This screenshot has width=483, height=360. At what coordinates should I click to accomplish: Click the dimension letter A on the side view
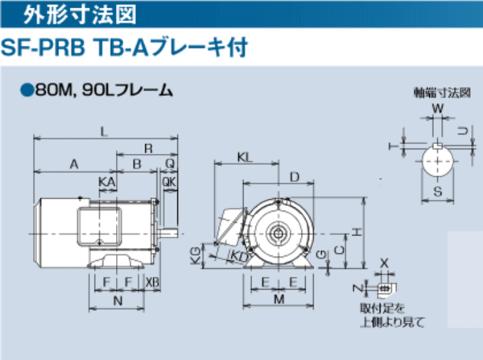(x=74, y=164)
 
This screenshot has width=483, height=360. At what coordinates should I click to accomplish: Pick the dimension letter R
(x=148, y=148)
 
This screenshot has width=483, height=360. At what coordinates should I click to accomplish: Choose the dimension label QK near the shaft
(x=168, y=183)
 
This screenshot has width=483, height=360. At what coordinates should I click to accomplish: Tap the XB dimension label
(x=154, y=282)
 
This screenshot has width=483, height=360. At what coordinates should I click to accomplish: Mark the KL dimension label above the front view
(x=246, y=156)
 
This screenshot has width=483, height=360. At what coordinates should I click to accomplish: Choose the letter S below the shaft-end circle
(x=438, y=192)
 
